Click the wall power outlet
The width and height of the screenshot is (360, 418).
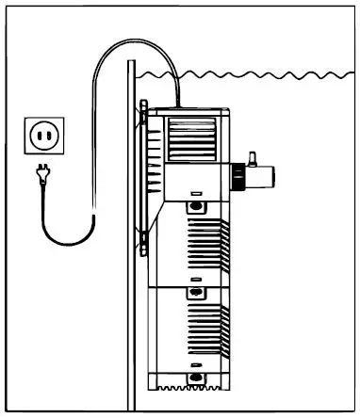(x=44, y=136)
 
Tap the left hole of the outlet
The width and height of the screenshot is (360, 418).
(x=38, y=137)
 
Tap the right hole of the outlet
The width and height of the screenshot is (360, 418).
(x=51, y=137)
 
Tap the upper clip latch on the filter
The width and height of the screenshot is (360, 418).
(x=195, y=204)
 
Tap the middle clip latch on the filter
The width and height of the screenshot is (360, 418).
(x=195, y=292)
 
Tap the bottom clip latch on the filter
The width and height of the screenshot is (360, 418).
(x=195, y=378)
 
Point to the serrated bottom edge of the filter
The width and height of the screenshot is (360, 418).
(x=188, y=387)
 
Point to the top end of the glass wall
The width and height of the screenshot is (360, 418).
(x=131, y=62)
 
